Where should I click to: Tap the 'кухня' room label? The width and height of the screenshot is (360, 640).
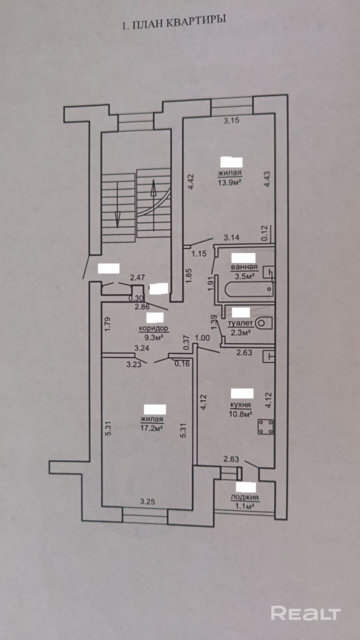tap(240, 405)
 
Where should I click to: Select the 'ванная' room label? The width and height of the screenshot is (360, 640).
tap(244, 267)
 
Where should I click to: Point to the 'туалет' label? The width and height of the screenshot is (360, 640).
tap(240, 323)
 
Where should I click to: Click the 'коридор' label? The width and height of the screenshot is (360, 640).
tap(153, 328)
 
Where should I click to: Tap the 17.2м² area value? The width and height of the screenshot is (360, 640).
tap(151, 427)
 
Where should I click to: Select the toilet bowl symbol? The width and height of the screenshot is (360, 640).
tap(263, 323)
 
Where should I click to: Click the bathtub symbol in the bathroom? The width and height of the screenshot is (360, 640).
tap(249, 289)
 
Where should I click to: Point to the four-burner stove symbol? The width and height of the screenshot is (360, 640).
tap(265, 427)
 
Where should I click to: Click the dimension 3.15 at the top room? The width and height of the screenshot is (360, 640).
tap(231, 120)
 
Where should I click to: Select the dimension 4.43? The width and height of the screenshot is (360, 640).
tap(266, 179)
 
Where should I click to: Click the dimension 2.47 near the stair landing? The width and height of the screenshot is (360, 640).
tap(137, 277)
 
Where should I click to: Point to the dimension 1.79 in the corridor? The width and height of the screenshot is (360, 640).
tap(107, 324)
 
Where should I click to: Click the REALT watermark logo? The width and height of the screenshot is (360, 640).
tap(305, 613)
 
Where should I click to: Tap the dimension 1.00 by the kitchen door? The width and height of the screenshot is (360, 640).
tap(202, 337)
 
